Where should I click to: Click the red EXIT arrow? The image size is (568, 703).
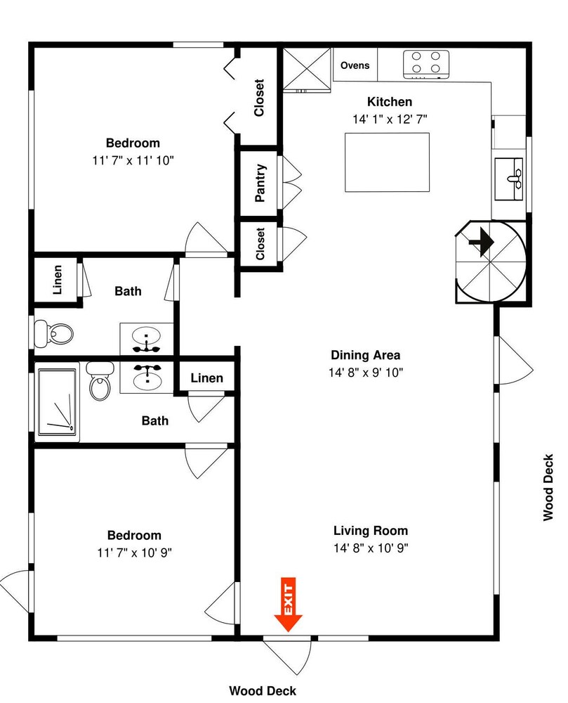pyautogui.click(x=289, y=605)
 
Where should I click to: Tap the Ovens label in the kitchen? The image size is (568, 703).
pyautogui.click(x=355, y=65)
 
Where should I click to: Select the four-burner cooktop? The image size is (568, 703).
pyautogui.click(x=425, y=64)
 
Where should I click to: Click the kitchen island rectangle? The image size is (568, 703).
pyautogui.click(x=387, y=162)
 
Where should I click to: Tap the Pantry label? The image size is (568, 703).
pyautogui.click(x=260, y=183)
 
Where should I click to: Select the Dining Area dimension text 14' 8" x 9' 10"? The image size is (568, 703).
pyautogui.click(x=366, y=373)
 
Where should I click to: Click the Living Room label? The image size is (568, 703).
pyautogui.click(x=371, y=531)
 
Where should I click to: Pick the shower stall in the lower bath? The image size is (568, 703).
pyautogui.click(x=58, y=402)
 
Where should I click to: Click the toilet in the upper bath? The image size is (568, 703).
pyautogui.click(x=54, y=333)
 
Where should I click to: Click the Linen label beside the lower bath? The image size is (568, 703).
pyautogui.click(x=207, y=378)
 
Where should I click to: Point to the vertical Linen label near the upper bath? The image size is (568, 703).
pyautogui.click(x=58, y=280)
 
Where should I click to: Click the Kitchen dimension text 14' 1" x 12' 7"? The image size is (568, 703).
pyautogui.click(x=390, y=120)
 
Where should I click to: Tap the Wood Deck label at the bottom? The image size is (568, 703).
pyautogui.click(x=263, y=691)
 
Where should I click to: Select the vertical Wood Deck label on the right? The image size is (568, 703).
pyautogui.click(x=548, y=487)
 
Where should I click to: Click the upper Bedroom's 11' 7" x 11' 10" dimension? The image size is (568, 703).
pyautogui.click(x=133, y=160)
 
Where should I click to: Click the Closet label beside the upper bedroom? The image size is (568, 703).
pyautogui.click(x=259, y=98)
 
